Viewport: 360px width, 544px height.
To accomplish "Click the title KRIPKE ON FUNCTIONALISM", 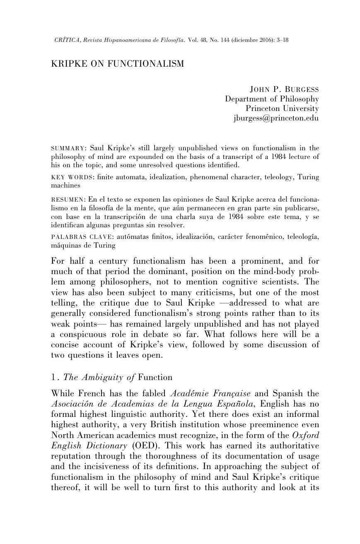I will coord(117,64).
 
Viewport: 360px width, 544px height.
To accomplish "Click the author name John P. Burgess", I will coord(284,89).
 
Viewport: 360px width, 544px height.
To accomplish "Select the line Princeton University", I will coord(282,108).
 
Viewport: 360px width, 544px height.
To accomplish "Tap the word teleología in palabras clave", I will coord(301,237).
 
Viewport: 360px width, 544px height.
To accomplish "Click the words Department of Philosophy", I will coord(272,99).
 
